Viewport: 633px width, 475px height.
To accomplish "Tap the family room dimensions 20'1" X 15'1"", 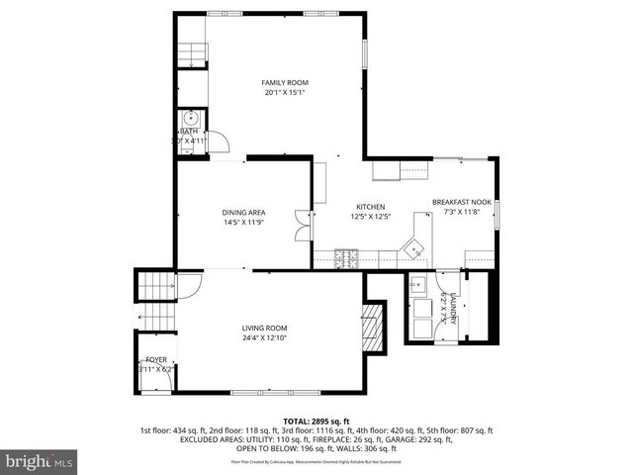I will pos(284,93).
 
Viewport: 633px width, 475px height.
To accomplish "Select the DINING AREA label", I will pos(243,212).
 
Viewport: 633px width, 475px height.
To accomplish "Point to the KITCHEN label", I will pos(370,206).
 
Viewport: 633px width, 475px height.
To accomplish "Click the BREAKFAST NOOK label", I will pos(461,201).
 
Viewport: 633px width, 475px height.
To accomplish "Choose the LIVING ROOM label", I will pos(264,328).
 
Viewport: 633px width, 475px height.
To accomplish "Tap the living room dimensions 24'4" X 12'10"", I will pos(264,338).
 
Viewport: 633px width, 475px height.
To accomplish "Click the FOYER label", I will pos(156,360).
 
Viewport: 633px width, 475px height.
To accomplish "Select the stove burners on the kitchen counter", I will pos(347,260).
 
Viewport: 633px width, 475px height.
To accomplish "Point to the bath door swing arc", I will pos(222,141).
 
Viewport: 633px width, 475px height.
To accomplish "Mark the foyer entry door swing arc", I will pos(189,283).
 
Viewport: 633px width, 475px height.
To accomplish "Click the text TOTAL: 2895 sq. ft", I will pos(316,421).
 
